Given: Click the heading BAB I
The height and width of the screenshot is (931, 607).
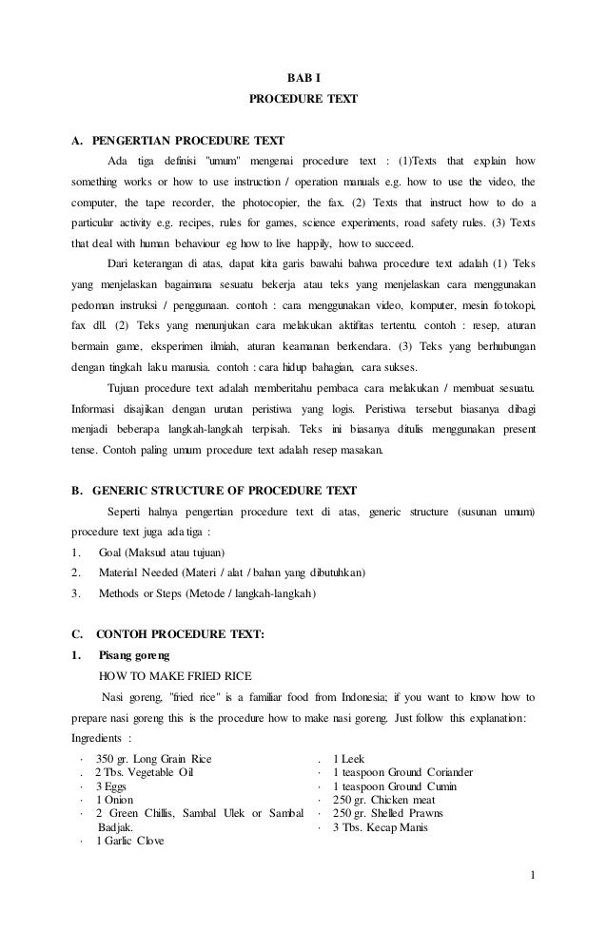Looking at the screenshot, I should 303,76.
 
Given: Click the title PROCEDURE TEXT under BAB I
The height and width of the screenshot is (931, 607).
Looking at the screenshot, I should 303,98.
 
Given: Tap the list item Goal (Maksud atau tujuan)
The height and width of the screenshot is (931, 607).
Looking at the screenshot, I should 161,553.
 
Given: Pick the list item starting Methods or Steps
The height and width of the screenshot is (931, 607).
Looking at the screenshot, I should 208,594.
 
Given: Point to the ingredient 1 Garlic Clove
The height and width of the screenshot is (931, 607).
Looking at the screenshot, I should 131,842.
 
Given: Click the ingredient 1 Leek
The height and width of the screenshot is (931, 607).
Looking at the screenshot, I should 348,759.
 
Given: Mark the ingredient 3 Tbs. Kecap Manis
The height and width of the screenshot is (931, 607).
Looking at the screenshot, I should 380,827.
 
